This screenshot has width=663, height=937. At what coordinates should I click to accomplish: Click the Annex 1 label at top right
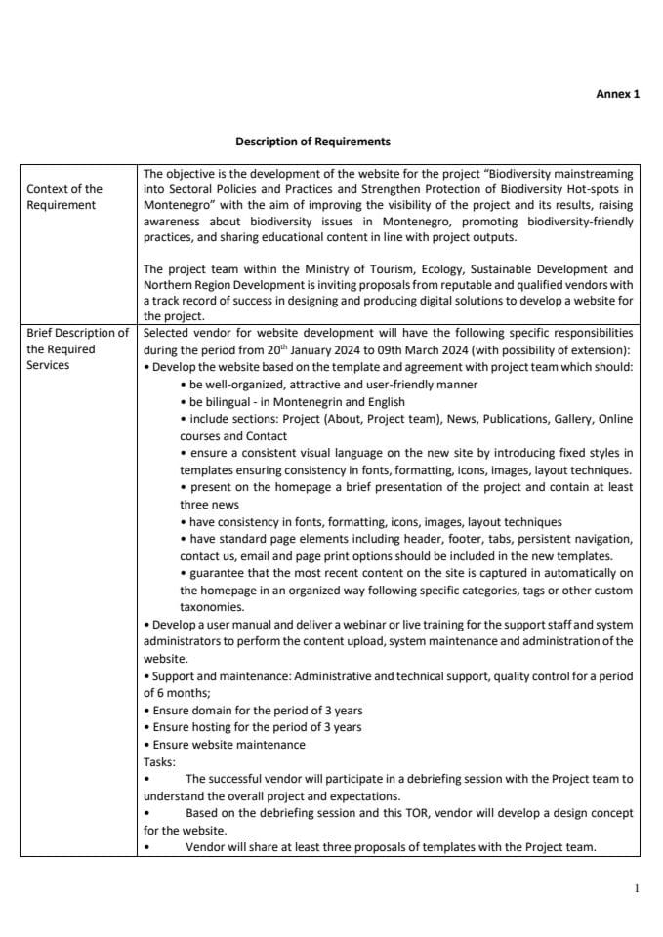click(617, 95)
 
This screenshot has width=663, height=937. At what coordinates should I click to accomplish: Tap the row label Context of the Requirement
click(63, 197)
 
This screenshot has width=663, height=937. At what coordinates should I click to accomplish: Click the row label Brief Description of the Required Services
click(77, 348)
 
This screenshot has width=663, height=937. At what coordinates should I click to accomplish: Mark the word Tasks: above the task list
click(159, 761)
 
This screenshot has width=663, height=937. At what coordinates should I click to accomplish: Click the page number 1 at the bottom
click(637, 889)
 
